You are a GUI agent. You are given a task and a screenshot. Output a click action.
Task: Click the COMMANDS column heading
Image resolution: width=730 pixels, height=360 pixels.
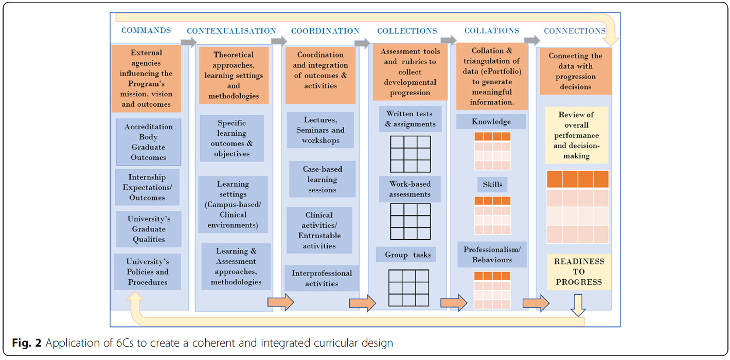click(146, 30)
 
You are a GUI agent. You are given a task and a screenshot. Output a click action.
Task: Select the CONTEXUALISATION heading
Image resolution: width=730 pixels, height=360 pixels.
click(232, 31)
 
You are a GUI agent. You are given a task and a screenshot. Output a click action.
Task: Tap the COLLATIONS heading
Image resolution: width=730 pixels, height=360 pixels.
click(492, 31)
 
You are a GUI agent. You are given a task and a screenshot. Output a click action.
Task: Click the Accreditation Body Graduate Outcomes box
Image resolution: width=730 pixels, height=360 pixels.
click(149, 142)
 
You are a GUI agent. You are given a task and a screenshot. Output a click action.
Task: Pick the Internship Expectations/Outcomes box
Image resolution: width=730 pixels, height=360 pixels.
click(147, 187)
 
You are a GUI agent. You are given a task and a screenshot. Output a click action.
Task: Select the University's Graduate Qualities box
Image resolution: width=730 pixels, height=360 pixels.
click(149, 229)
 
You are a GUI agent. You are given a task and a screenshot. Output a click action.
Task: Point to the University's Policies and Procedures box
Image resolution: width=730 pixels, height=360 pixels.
click(148, 272)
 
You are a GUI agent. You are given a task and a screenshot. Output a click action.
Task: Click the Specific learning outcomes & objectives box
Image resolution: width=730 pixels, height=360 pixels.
click(232, 138)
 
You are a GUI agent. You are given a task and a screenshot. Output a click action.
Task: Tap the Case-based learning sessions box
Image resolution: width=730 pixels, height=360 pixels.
click(322, 179)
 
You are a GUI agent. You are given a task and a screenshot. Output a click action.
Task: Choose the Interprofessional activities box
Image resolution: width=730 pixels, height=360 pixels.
click(322, 278)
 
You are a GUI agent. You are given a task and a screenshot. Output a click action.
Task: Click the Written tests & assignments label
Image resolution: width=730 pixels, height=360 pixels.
click(410, 119)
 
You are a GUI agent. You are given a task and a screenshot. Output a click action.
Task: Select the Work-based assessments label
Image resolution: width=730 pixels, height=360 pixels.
click(410, 189)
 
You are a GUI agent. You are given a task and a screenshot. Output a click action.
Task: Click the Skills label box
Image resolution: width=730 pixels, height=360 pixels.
click(493, 185)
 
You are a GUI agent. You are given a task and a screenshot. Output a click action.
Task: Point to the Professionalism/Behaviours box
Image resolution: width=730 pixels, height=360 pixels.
click(492, 255)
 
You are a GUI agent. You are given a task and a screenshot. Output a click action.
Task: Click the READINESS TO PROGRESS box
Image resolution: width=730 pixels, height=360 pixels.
click(578, 272)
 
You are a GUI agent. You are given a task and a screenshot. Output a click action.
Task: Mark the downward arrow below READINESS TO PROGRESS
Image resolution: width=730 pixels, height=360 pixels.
click(578, 305)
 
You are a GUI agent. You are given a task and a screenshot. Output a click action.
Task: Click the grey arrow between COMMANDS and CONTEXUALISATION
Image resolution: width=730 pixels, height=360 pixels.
click(189, 42)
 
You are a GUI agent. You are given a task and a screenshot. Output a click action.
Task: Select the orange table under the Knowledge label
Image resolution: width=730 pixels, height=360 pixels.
click(492, 151)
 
